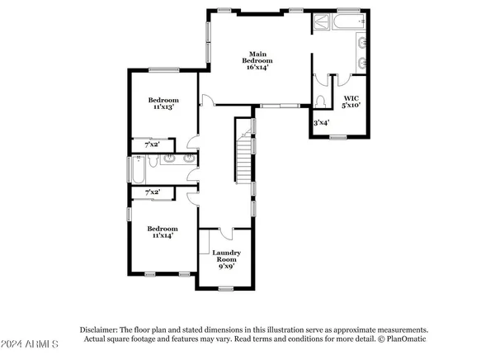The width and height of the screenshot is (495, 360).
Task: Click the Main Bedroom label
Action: (x=257, y=57)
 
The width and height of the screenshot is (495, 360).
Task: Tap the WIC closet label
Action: (x=351, y=98)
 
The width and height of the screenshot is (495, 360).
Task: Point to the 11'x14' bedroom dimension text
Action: (x=163, y=235)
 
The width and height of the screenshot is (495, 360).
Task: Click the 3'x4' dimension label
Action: (x=321, y=123)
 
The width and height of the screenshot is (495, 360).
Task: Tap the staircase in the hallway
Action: (x=243, y=153)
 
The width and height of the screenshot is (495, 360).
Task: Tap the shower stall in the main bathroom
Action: (x=321, y=23)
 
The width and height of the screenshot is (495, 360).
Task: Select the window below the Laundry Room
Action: (x=226, y=287)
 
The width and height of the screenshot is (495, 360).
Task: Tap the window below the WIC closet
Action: (x=337, y=136)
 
